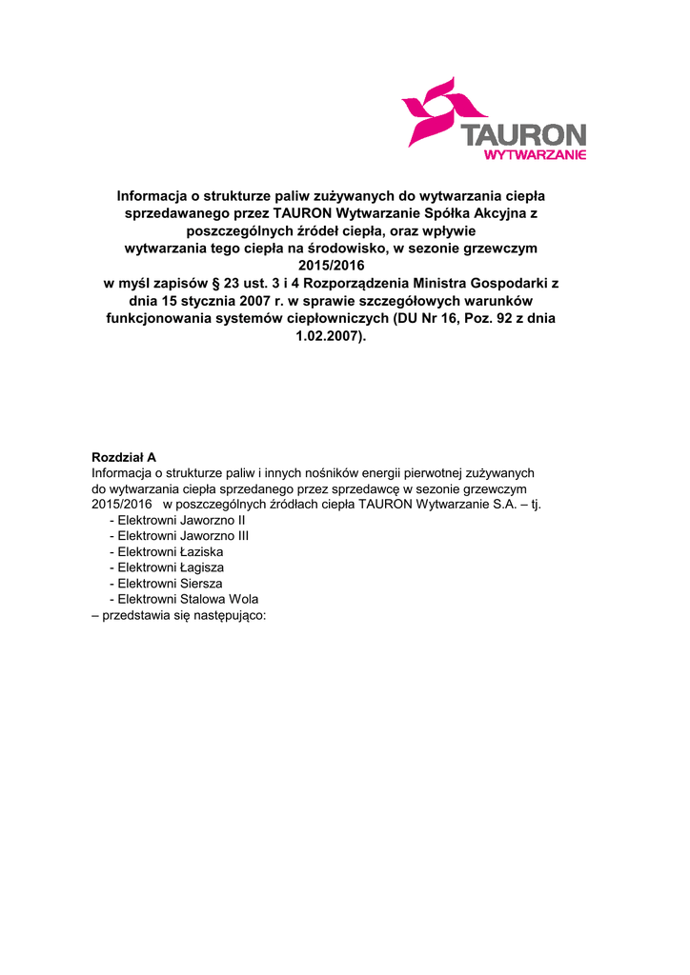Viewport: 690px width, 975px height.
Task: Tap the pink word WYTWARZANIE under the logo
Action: [x=535, y=154]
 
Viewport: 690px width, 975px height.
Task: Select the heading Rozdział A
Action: [x=124, y=457]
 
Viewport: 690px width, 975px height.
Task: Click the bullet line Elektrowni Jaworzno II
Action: [x=177, y=521]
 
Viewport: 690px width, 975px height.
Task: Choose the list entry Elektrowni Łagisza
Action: [x=167, y=567]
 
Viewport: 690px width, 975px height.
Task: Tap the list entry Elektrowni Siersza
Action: [x=167, y=584]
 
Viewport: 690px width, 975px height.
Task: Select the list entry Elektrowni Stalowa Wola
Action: [x=184, y=599]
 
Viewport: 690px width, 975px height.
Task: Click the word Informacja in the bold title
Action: [x=152, y=195]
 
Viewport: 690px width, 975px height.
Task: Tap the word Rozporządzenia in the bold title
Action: [x=356, y=284]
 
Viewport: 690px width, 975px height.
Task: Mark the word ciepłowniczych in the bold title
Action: [x=332, y=319]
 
